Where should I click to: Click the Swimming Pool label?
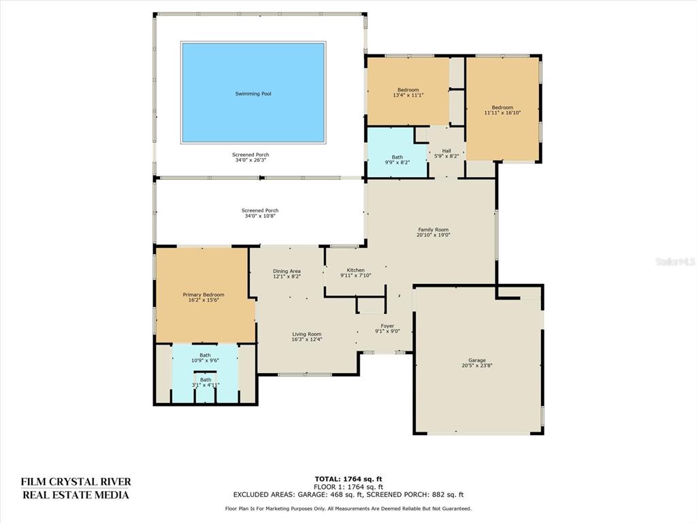tap(253, 94)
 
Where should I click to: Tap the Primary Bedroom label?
tap(204, 294)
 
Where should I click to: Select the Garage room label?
tap(477, 360)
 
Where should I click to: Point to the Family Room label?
tap(434, 229)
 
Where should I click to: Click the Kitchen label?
tap(355, 270)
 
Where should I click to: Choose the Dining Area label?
tap(287, 271)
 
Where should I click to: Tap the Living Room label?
tap(307, 334)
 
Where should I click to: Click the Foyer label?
tap(387, 326)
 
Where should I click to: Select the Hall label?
tap(447, 150)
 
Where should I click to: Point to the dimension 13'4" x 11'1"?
tap(408, 95)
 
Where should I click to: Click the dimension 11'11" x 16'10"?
tap(502, 112)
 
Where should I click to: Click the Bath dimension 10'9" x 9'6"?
tap(206, 361)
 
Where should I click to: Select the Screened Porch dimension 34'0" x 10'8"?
tap(260, 216)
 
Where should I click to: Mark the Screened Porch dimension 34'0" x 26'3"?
tap(250, 160)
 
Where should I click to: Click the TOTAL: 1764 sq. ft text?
tap(348, 479)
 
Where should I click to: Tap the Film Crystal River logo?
tap(76, 488)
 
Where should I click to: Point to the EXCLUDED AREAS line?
tap(348, 494)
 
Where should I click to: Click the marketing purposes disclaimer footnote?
tap(348, 508)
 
